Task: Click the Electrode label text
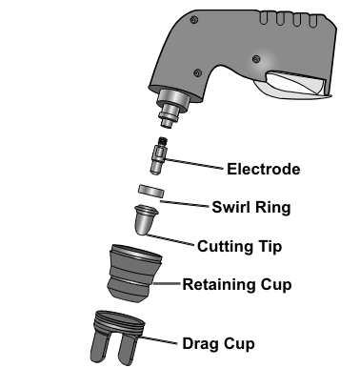click(x=264, y=169)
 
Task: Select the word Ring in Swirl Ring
click(x=273, y=208)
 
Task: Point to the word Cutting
click(x=225, y=247)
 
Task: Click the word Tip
click(x=270, y=247)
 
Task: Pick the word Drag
click(x=201, y=344)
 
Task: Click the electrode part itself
click(x=158, y=155)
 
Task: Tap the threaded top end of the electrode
click(x=163, y=140)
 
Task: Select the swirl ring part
click(x=151, y=191)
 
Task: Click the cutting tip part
click(x=146, y=219)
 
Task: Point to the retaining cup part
click(x=134, y=274)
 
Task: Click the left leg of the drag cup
click(x=101, y=346)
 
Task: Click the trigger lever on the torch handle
click(x=292, y=85)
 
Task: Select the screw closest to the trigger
click(x=256, y=59)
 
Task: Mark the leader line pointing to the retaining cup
click(x=166, y=283)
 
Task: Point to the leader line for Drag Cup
click(x=158, y=340)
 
